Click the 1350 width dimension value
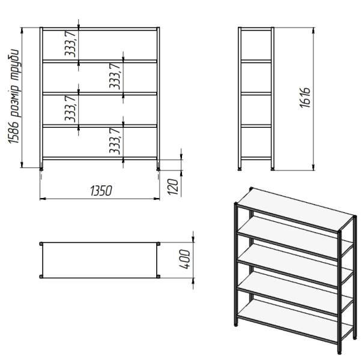tap(101, 191)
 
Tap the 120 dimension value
tap(173, 187)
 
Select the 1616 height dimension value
tap(305, 98)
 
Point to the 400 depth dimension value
tap(185, 259)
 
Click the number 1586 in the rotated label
tap(13, 132)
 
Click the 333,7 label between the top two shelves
tap(70, 44)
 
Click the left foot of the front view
tap(41, 169)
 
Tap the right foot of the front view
tap(159, 169)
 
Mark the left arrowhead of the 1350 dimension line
tap(43, 199)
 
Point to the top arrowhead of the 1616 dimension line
tap(314, 30)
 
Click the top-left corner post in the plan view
tap(41, 244)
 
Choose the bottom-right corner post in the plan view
tap(159, 276)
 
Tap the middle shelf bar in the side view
tap(256, 94)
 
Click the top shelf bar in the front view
tap(100, 29)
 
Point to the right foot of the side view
tap(273, 169)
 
